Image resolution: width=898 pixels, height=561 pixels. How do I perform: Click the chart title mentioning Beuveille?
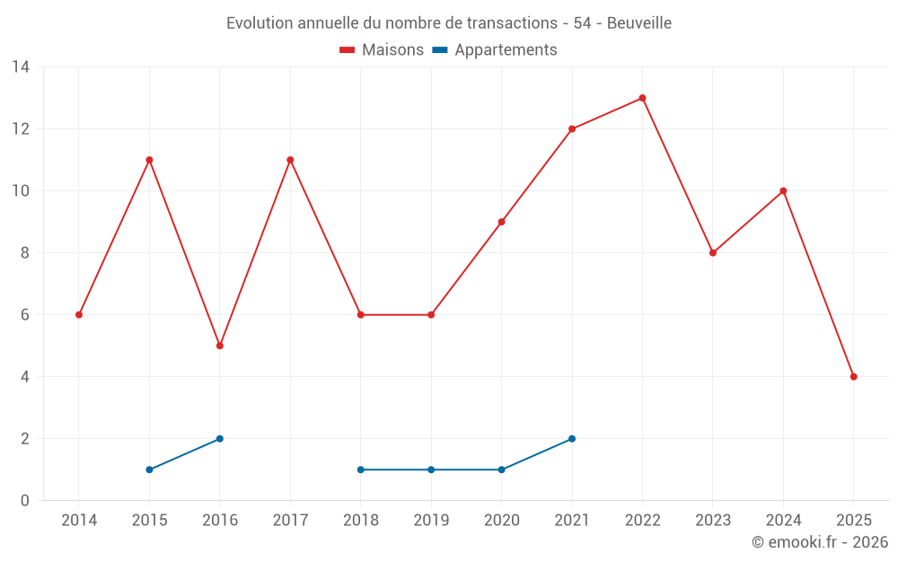[x=448, y=22]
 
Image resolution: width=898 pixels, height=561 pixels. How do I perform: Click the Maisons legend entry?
[x=382, y=50]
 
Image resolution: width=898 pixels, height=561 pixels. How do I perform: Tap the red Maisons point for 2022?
[x=642, y=98]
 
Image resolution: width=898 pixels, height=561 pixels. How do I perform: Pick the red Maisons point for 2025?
[x=853, y=377]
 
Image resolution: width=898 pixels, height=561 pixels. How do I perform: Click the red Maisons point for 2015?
[x=149, y=160]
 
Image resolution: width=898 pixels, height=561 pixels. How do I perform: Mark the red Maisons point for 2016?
[x=220, y=346]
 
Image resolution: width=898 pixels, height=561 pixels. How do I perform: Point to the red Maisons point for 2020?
[x=501, y=222]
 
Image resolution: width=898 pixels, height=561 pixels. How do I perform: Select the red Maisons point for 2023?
[x=713, y=253]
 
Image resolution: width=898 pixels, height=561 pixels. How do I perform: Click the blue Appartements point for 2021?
[x=572, y=439]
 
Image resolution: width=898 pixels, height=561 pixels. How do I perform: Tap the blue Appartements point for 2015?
[x=149, y=469]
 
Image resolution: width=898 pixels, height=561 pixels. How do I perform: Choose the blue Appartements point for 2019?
[x=431, y=469]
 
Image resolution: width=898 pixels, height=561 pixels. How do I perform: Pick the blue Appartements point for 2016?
[x=220, y=439]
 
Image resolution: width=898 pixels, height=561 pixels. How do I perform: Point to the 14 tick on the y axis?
[x=20, y=67]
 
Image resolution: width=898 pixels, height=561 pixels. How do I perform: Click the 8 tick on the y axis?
[x=24, y=253]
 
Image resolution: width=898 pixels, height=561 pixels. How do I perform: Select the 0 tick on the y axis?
[x=24, y=501]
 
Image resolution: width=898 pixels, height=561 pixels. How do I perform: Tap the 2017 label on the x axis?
[x=290, y=521]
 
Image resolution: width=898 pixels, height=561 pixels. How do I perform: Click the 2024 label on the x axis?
[x=783, y=521]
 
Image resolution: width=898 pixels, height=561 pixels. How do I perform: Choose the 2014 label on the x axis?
[x=79, y=521]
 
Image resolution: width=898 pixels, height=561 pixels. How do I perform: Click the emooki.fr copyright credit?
[x=819, y=542]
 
